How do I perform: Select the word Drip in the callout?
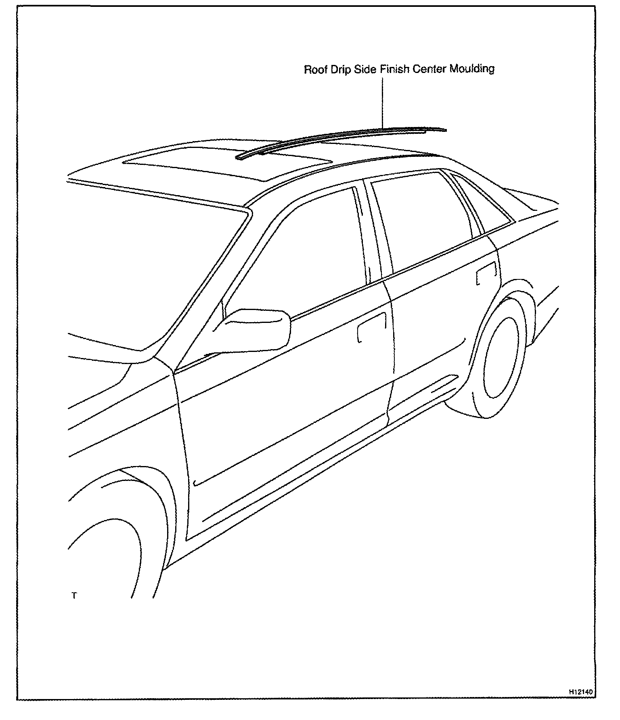(x=338, y=69)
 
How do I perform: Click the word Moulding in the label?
(x=472, y=69)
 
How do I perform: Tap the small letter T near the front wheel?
(x=74, y=595)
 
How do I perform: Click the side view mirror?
(x=258, y=329)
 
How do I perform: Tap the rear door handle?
(x=486, y=273)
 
